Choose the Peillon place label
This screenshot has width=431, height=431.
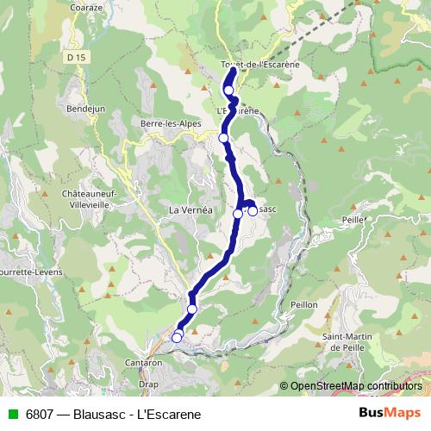coord(303,305)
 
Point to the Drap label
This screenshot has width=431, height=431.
coord(149,384)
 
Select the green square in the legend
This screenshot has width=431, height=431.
coord(12,415)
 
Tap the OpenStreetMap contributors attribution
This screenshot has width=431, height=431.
coord(355,385)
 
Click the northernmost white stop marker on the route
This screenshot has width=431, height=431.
coord(229,90)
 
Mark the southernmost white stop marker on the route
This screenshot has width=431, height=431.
coord(177,338)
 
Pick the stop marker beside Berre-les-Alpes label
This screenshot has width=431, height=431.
coord(223,138)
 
